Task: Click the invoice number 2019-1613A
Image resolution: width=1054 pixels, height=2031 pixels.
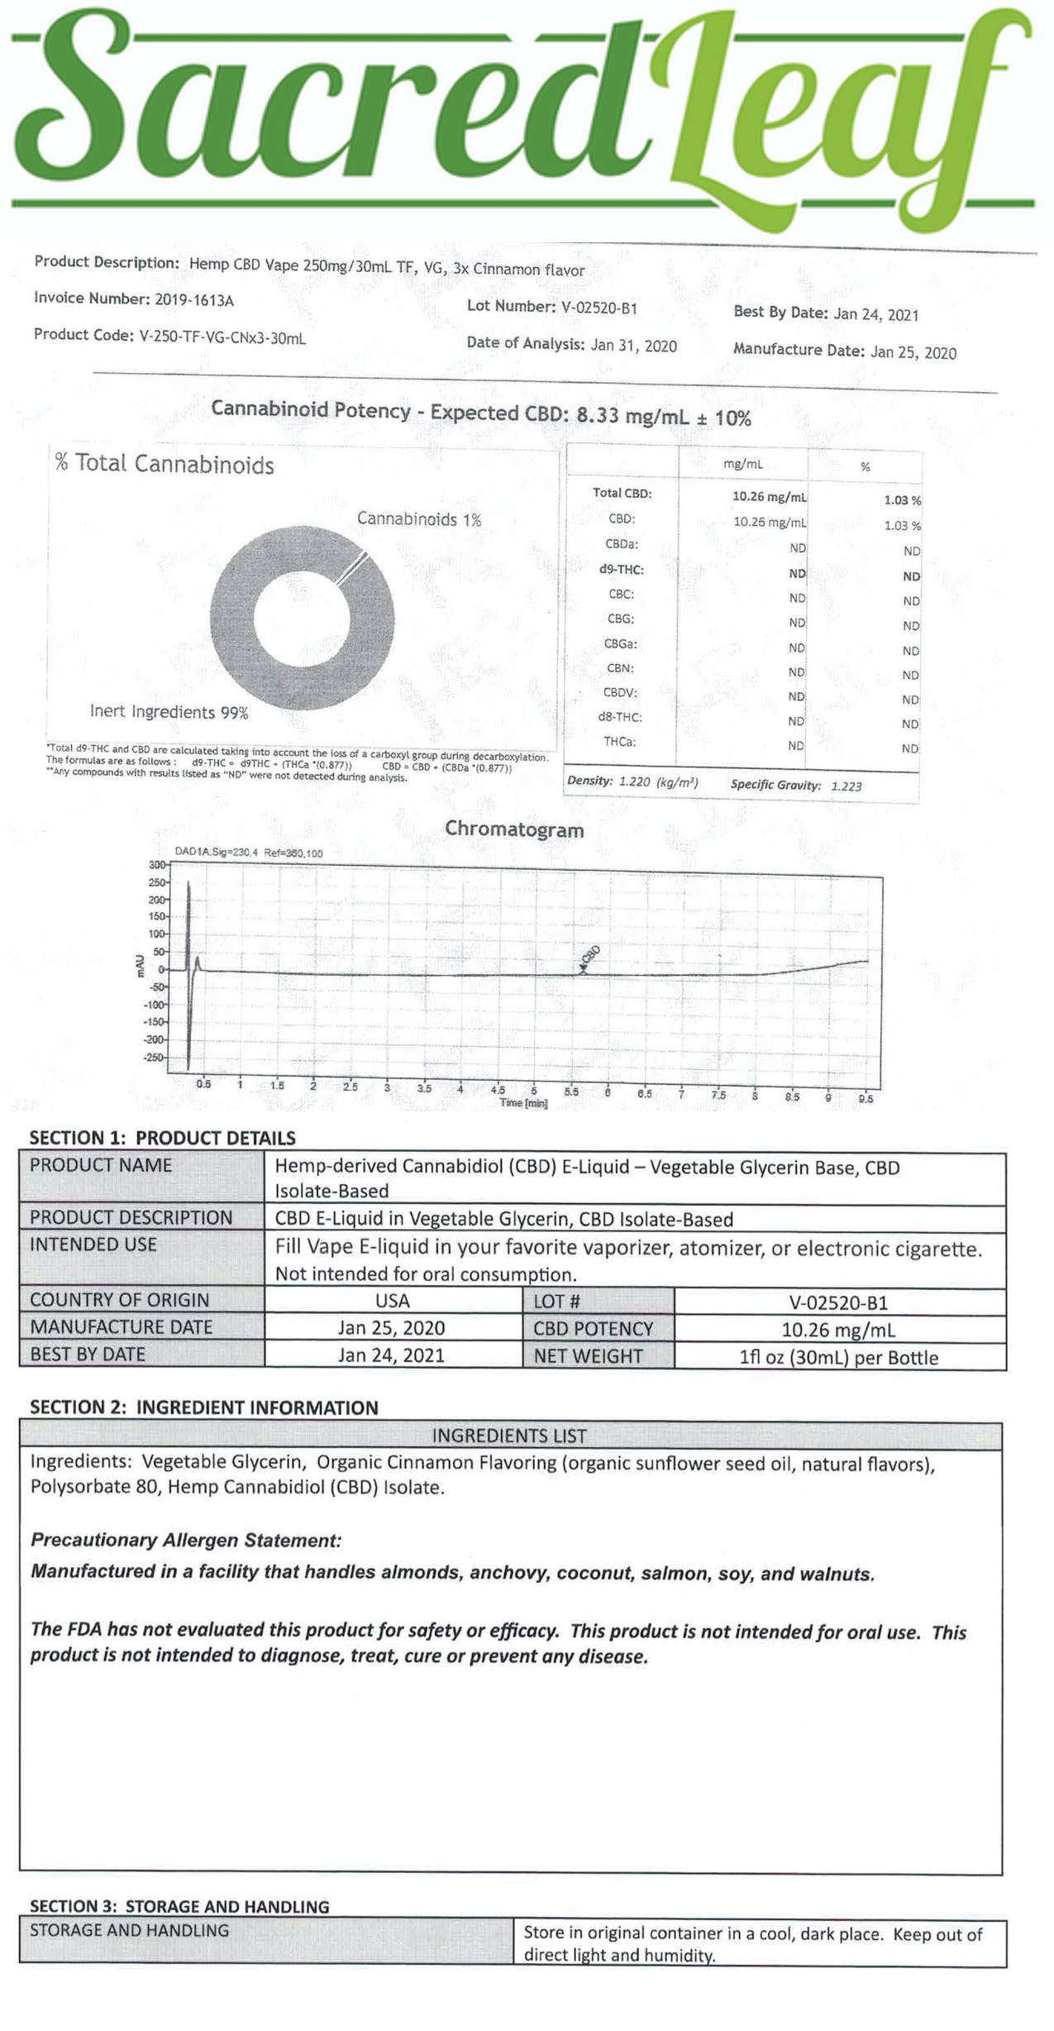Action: click(x=194, y=299)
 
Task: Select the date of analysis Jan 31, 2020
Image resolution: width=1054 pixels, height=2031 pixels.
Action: click(x=633, y=346)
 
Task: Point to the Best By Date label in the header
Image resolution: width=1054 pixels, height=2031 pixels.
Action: click(x=780, y=313)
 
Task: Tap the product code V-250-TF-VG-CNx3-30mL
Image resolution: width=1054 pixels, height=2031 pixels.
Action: click(x=222, y=337)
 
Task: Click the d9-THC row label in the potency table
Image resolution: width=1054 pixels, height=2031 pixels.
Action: click(x=622, y=570)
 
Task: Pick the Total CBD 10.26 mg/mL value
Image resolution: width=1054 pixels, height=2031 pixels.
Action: click(x=769, y=497)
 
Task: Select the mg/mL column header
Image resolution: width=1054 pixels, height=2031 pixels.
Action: click(x=742, y=465)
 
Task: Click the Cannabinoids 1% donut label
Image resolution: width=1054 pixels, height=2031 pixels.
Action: click(x=419, y=519)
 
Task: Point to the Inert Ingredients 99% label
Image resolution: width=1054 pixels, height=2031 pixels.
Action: click(x=169, y=712)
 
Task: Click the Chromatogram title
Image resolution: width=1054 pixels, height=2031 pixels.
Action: click(x=514, y=829)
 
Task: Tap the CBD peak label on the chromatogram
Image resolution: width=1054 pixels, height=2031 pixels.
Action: click(x=589, y=955)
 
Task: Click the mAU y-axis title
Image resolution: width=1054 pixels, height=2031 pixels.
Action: click(x=141, y=965)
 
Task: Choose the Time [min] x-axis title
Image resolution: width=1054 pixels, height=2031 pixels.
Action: click(x=523, y=1103)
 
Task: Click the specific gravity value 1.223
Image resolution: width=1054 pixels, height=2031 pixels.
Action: click(x=846, y=786)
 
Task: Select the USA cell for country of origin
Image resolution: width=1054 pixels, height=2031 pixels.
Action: click(x=393, y=1301)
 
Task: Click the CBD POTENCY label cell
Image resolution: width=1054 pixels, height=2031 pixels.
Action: click(x=593, y=1329)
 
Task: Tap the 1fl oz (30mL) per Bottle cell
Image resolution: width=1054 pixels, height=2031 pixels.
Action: click(x=838, y=1357)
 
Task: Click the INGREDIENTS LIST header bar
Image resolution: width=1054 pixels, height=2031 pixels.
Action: click(x=509, y=1436)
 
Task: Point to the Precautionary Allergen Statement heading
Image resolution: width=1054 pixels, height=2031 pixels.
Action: click(x=186, y=1540)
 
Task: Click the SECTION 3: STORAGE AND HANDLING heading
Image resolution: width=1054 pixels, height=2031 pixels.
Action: click(x=179, y=1906)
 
